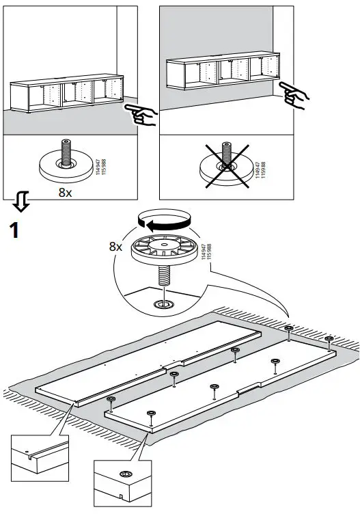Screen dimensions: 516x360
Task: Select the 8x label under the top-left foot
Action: point(66,192)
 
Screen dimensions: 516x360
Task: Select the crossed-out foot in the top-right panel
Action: point(224,165)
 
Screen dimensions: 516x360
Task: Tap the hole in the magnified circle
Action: point(163,303)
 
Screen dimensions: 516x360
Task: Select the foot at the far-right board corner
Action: point(329,340)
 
